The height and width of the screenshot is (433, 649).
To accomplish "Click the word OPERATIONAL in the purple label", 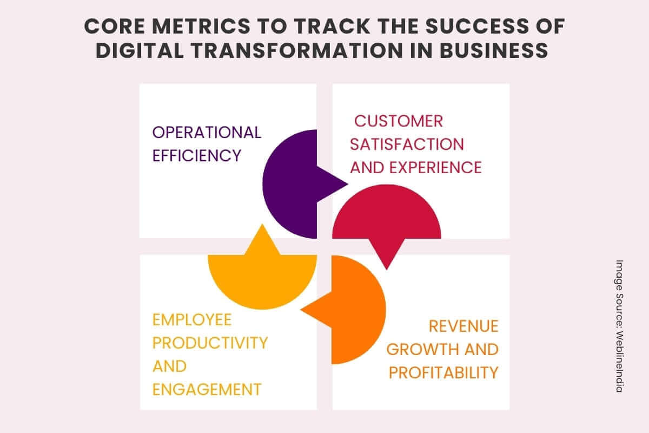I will pyautogui.click(x=207, y=132).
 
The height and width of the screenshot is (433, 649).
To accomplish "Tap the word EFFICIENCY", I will pyautogui.click(x=196, y=156).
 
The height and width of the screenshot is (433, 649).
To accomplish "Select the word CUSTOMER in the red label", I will pyautogui.click(x=399, y=121).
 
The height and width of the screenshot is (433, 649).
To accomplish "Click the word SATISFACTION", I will pyautogui.click(x=407, y=144).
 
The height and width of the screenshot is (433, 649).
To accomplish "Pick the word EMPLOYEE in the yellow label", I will pyautogui.click(x=192, y=319).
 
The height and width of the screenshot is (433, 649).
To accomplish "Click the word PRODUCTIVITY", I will pyautogui.click(x=210, y=343).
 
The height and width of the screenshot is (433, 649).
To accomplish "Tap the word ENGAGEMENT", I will pyautogui.click(x=207, y=389).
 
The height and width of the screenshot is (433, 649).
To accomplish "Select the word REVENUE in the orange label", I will pyautogui.click(x=463, y=326).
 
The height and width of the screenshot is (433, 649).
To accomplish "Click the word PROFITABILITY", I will pyautogui.click(x=443, y=372).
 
